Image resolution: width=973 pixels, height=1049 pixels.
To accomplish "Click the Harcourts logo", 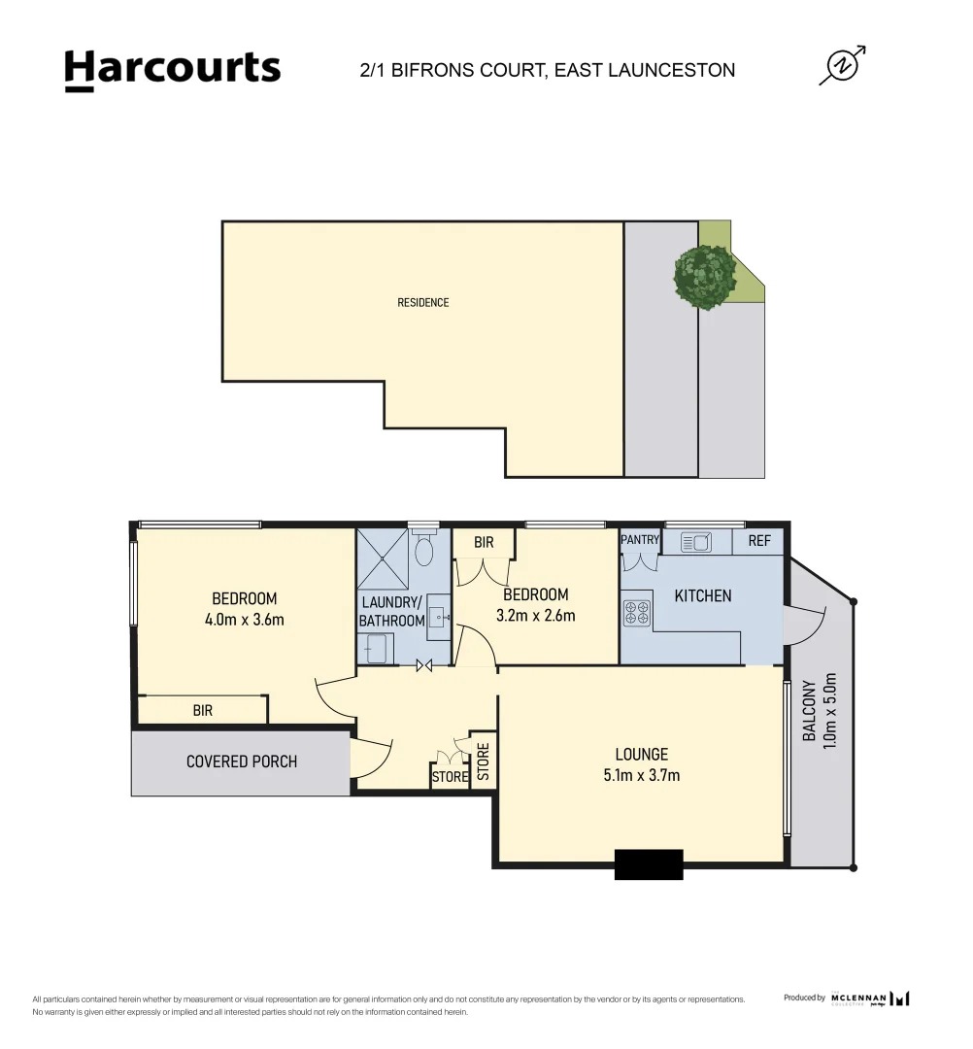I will click(173, 70).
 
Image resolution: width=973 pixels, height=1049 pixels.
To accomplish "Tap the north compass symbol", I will click(841, 66).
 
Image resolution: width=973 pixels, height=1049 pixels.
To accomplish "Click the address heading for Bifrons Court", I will click(547, 70).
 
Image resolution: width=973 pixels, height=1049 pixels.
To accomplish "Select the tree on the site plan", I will click(705, 277).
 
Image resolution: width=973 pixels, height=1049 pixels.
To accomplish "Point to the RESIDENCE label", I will click(423, 303).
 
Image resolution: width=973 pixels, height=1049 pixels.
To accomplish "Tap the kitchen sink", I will click(695, 542).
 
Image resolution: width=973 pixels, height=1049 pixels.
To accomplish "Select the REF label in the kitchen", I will click(759, 541).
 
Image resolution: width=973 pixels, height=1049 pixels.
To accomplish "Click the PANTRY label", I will click(640, 540).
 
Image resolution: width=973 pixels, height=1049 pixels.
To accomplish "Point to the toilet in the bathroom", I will click(423, 551).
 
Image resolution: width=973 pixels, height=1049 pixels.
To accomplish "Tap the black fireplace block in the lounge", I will click(649, 864).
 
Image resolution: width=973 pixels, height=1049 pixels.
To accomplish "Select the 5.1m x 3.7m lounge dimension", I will click(641, 775).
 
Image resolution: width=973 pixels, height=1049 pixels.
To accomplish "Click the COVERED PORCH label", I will click(242, 761).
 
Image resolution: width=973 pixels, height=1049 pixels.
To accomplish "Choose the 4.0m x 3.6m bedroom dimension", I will click(245, 620).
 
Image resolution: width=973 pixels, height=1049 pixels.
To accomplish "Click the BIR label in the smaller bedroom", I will click(484, 544).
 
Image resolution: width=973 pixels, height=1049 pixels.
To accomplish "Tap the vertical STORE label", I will click(483, 763).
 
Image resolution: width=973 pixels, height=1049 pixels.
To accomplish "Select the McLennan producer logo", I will click(870, 998).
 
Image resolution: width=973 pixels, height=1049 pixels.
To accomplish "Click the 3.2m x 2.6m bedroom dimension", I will click(535, 616).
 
